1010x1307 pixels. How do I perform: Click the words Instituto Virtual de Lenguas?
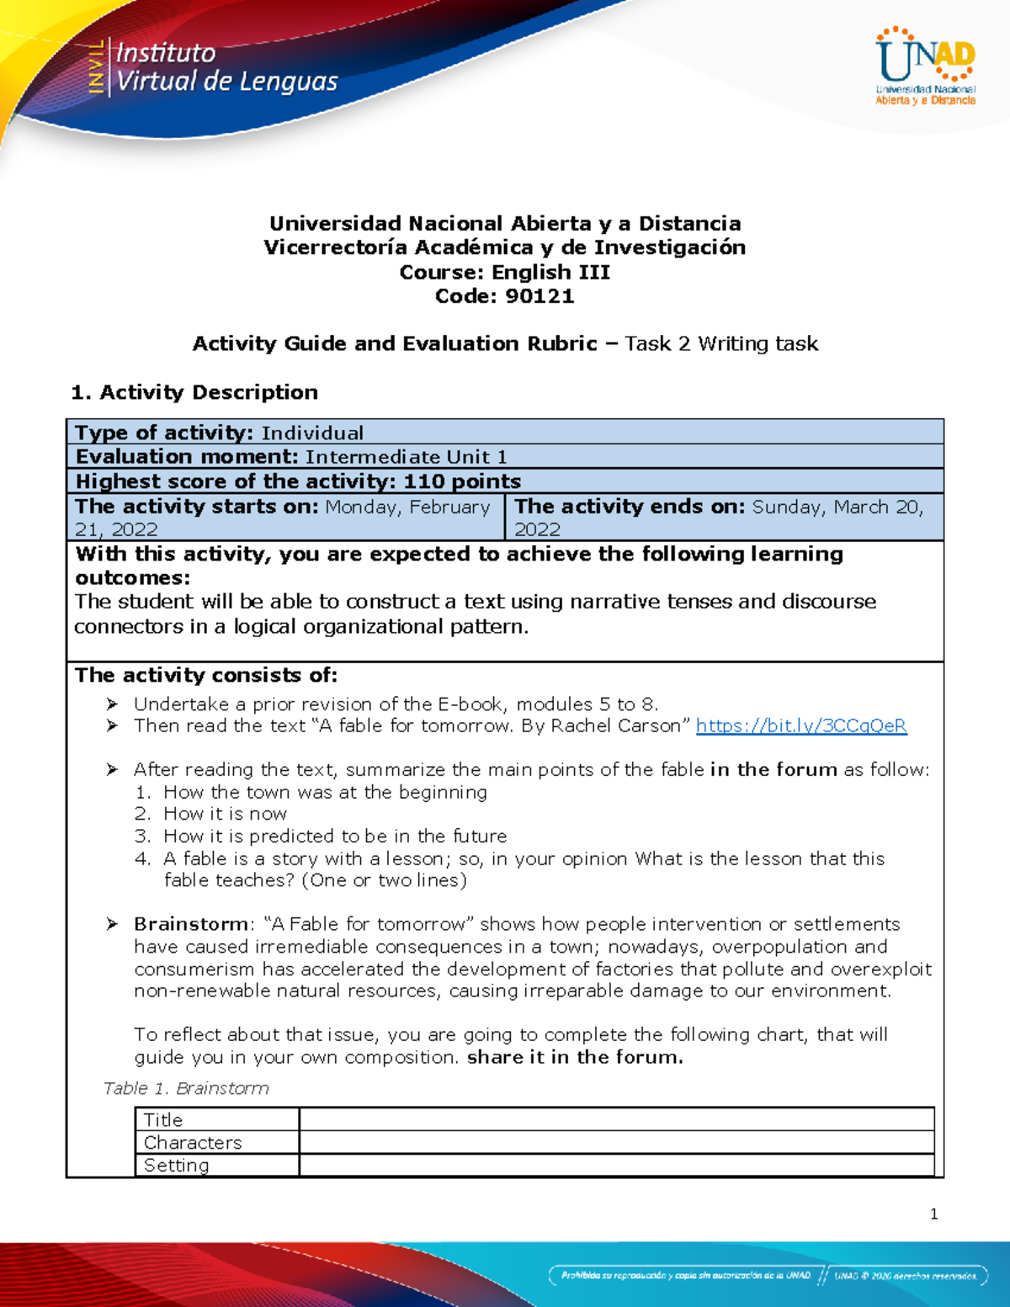(x=226, y=67)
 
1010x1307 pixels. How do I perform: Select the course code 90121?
(x=540, y=296)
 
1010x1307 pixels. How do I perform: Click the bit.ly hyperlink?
(x=801, y=725)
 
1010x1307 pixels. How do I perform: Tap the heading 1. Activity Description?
(x=194, y=392)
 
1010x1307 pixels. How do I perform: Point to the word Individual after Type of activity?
(x=312, y=433)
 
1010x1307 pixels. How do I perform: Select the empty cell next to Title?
(x=616, y=1119)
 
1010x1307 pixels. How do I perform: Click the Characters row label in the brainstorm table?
(x=193, y=1142)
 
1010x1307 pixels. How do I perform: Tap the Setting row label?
(x=176, y=1165)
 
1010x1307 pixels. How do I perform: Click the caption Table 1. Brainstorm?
(x=186, y=1088)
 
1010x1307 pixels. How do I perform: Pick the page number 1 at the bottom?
(x=933, y=1214)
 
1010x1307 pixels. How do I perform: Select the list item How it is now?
(x=225, y=814)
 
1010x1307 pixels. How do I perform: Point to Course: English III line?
(x=504, y=272)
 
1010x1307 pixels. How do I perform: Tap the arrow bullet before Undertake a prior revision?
(x=112, y=704)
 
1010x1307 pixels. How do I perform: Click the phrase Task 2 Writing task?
(x=721, y=343)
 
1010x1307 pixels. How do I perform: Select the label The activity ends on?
(x=630, y=507)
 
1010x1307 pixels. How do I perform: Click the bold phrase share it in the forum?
(x=575, y=1057)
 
